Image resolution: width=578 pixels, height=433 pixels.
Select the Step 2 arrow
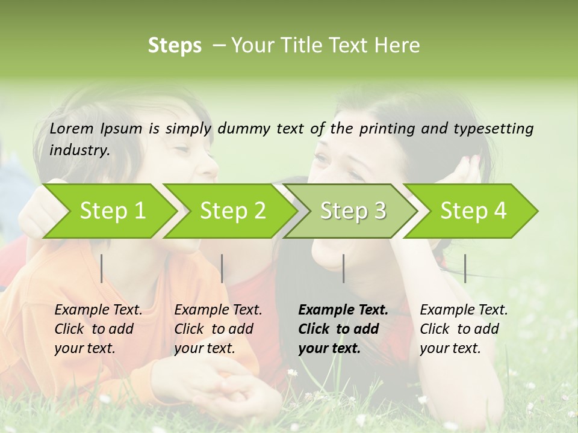click(232, 210)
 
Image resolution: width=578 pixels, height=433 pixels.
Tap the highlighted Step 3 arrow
click(353, 210)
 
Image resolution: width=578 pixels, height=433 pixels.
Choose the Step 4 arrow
click(473, 210)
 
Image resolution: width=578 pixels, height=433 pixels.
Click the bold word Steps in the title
click(175, 46)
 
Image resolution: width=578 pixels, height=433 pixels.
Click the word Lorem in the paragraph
click(72, 128)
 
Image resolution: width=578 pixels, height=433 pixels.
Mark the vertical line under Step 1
click(102, 268)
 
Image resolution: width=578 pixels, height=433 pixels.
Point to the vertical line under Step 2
click(222, 268)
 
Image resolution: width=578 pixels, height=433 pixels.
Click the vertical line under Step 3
click(343, 268)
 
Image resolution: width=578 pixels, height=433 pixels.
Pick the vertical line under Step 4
click(465, 268)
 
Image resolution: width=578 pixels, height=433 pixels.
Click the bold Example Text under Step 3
click(343, 310)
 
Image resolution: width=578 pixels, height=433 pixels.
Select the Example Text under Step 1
click(98, 310)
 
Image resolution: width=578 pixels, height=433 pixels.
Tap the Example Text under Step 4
click(464, 310)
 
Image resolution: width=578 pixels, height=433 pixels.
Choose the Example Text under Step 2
click(218, 310)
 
